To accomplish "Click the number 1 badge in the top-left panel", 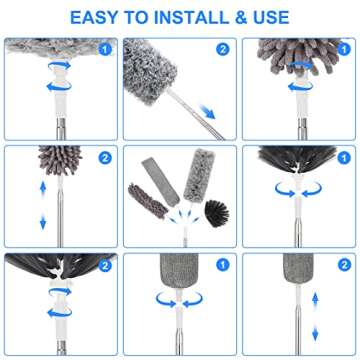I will tap(106, 48).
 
